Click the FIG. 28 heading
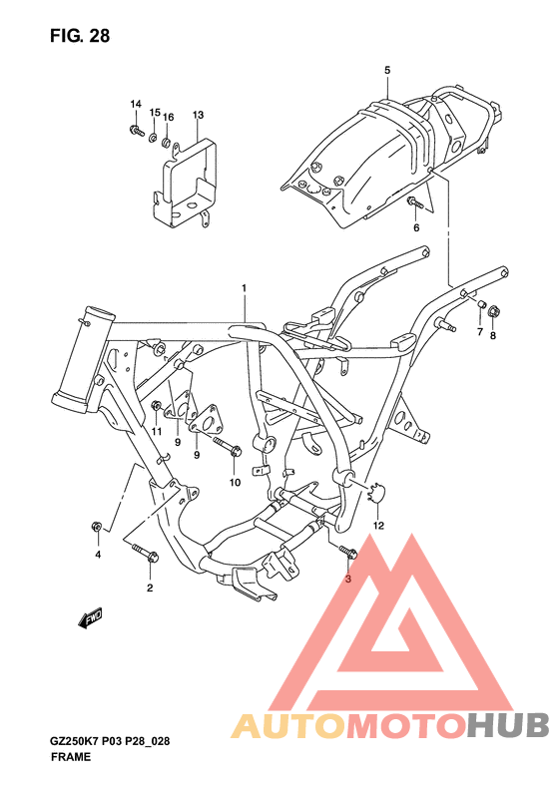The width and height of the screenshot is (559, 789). pos(80,36)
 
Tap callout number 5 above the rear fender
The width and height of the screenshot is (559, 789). pos(387,71)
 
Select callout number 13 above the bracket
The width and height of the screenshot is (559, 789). pos(198,116)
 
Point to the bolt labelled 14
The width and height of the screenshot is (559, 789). pos(136,131)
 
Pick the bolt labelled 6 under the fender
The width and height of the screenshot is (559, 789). pos(413,202)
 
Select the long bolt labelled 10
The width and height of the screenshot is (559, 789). pos(228,447)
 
